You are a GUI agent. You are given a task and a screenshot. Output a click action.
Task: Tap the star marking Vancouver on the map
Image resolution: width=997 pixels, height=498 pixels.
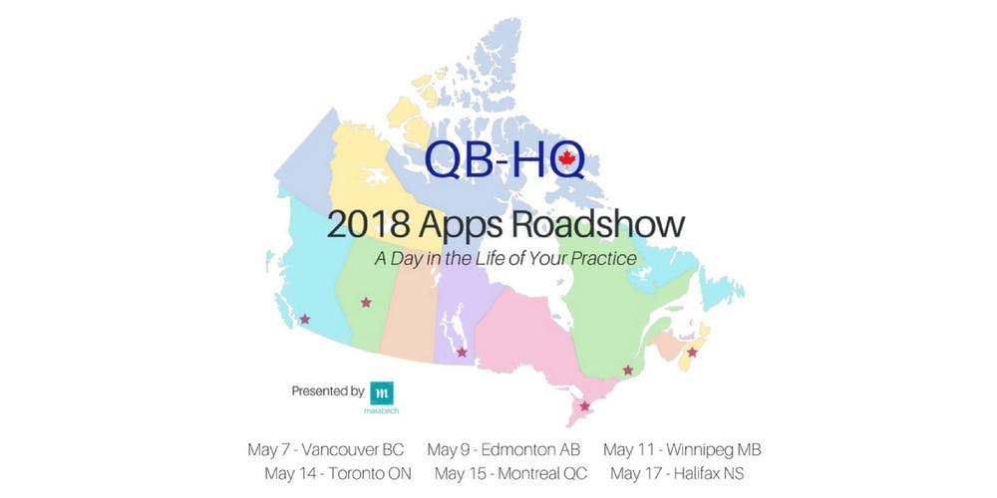click(x=304, y=320)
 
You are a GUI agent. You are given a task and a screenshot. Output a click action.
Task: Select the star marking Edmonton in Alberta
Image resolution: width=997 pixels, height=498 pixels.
click(x=366, y=302)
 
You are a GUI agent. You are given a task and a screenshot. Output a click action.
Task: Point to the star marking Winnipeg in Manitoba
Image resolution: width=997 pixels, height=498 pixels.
click(x=462, y=352)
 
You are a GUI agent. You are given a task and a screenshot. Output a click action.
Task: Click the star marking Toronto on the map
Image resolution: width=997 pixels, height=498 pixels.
click(x=585, y=405)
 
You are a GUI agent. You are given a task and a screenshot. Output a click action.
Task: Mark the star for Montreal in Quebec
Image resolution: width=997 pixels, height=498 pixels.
click(x=627, y=371)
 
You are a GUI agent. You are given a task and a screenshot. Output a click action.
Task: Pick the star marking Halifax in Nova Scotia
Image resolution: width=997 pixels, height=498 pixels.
click(x=692, y=351)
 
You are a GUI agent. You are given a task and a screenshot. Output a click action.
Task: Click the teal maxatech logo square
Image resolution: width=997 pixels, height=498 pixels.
click(x=381, y=392)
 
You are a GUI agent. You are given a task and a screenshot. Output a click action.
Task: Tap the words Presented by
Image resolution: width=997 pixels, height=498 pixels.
click(x=327, y=391)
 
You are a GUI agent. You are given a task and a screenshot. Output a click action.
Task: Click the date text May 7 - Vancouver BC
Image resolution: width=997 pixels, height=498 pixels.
click(x=325, y=449)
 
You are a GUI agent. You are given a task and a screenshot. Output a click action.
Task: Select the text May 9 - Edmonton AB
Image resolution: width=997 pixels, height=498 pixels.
click(x=503, y=449)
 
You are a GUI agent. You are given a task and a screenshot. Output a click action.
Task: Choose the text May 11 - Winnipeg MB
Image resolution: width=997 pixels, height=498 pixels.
click(x=682, y=449)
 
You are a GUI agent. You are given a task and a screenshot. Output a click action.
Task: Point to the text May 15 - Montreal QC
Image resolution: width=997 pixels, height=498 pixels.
click(x=511, y=472)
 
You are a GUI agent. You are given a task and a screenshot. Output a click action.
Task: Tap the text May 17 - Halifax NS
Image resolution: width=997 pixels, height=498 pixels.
click(x=677, y=472)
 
